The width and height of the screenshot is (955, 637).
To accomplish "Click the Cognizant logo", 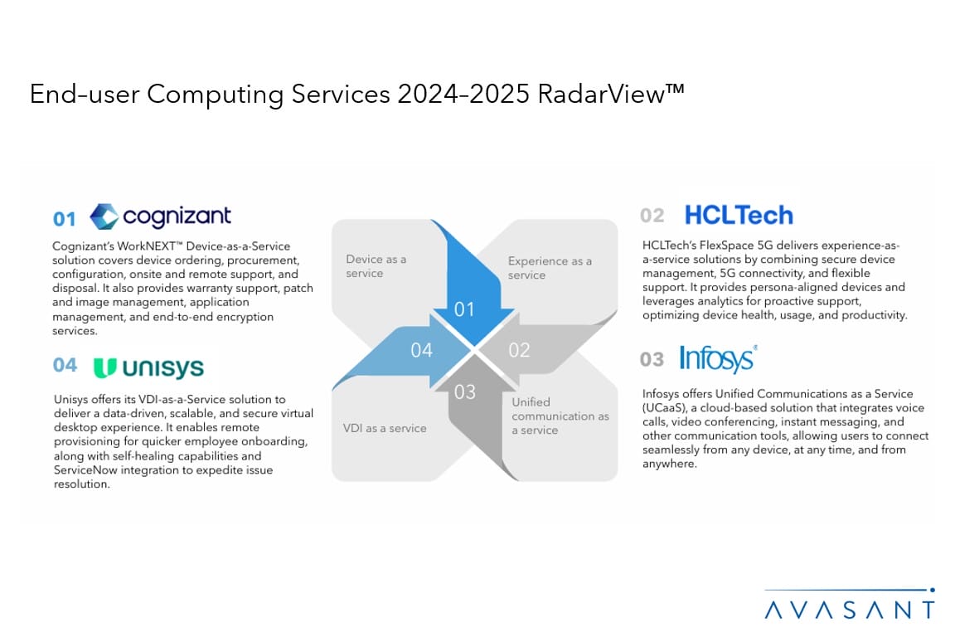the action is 160,216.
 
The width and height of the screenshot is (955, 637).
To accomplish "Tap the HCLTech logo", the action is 739,215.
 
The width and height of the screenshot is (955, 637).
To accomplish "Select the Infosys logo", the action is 718,358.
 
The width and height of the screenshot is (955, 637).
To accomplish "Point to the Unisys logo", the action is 148,367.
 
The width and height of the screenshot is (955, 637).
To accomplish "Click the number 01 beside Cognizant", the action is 65,219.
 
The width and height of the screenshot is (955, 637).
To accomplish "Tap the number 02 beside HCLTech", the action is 652,215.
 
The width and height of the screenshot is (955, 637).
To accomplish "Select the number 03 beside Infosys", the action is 652,359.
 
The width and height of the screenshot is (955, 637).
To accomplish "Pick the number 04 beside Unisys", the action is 65,365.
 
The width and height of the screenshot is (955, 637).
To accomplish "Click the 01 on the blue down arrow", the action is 464,309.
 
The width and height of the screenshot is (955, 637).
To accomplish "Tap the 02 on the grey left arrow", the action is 519,350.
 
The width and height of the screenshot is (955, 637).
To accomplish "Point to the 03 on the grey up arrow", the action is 465,391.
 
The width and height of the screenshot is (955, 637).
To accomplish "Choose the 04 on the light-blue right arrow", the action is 421,350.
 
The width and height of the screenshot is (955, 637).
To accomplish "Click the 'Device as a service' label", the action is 376,266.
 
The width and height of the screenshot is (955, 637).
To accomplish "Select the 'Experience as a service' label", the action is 550,268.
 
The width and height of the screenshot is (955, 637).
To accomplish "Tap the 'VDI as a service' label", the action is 385,428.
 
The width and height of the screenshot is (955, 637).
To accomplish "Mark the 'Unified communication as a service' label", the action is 560,416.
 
